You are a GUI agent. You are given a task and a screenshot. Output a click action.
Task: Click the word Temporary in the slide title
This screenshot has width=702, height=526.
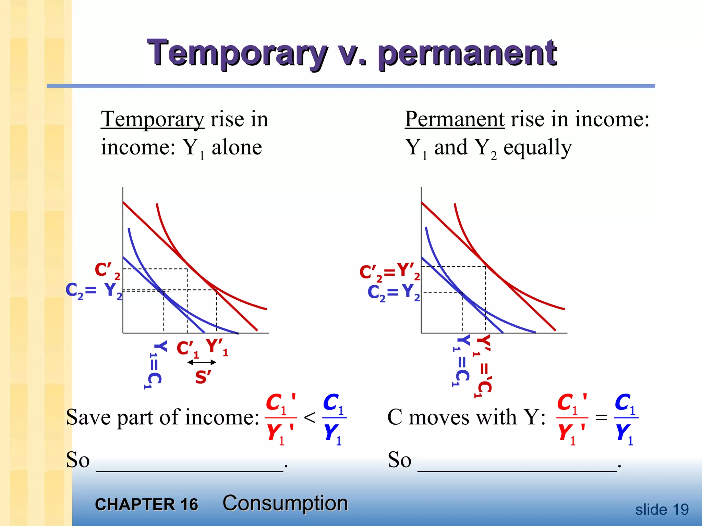pyautogui.click(x=237, y=53)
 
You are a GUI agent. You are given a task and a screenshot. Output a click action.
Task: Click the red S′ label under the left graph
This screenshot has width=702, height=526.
pyautogui.click(x=203, y=377)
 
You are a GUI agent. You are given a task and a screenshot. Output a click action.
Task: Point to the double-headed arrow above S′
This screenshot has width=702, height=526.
pyautogui.click(x=202, y=362)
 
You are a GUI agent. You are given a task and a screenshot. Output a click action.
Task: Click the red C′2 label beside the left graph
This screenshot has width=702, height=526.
pyautogui.click(x=107, y=271)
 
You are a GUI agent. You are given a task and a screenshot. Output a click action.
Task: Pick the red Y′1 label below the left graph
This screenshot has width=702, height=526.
pyautogui.click(x=217, y=347)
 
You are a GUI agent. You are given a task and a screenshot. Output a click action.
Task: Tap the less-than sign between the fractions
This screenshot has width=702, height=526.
pyautogui.click(x=310, y=417)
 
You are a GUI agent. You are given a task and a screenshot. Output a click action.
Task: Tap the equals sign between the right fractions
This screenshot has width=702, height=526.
pyautogui.click(x=601, y=417)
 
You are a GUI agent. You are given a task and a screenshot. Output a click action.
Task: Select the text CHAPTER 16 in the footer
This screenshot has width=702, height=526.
pyautogui.click(x=147, y=504)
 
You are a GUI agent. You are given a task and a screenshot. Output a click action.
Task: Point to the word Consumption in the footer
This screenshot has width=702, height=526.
pyautogui.click(x=285, y=503)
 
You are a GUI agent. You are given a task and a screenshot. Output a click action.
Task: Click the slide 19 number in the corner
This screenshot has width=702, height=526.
pyautogui.click(x=662, y=510)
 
